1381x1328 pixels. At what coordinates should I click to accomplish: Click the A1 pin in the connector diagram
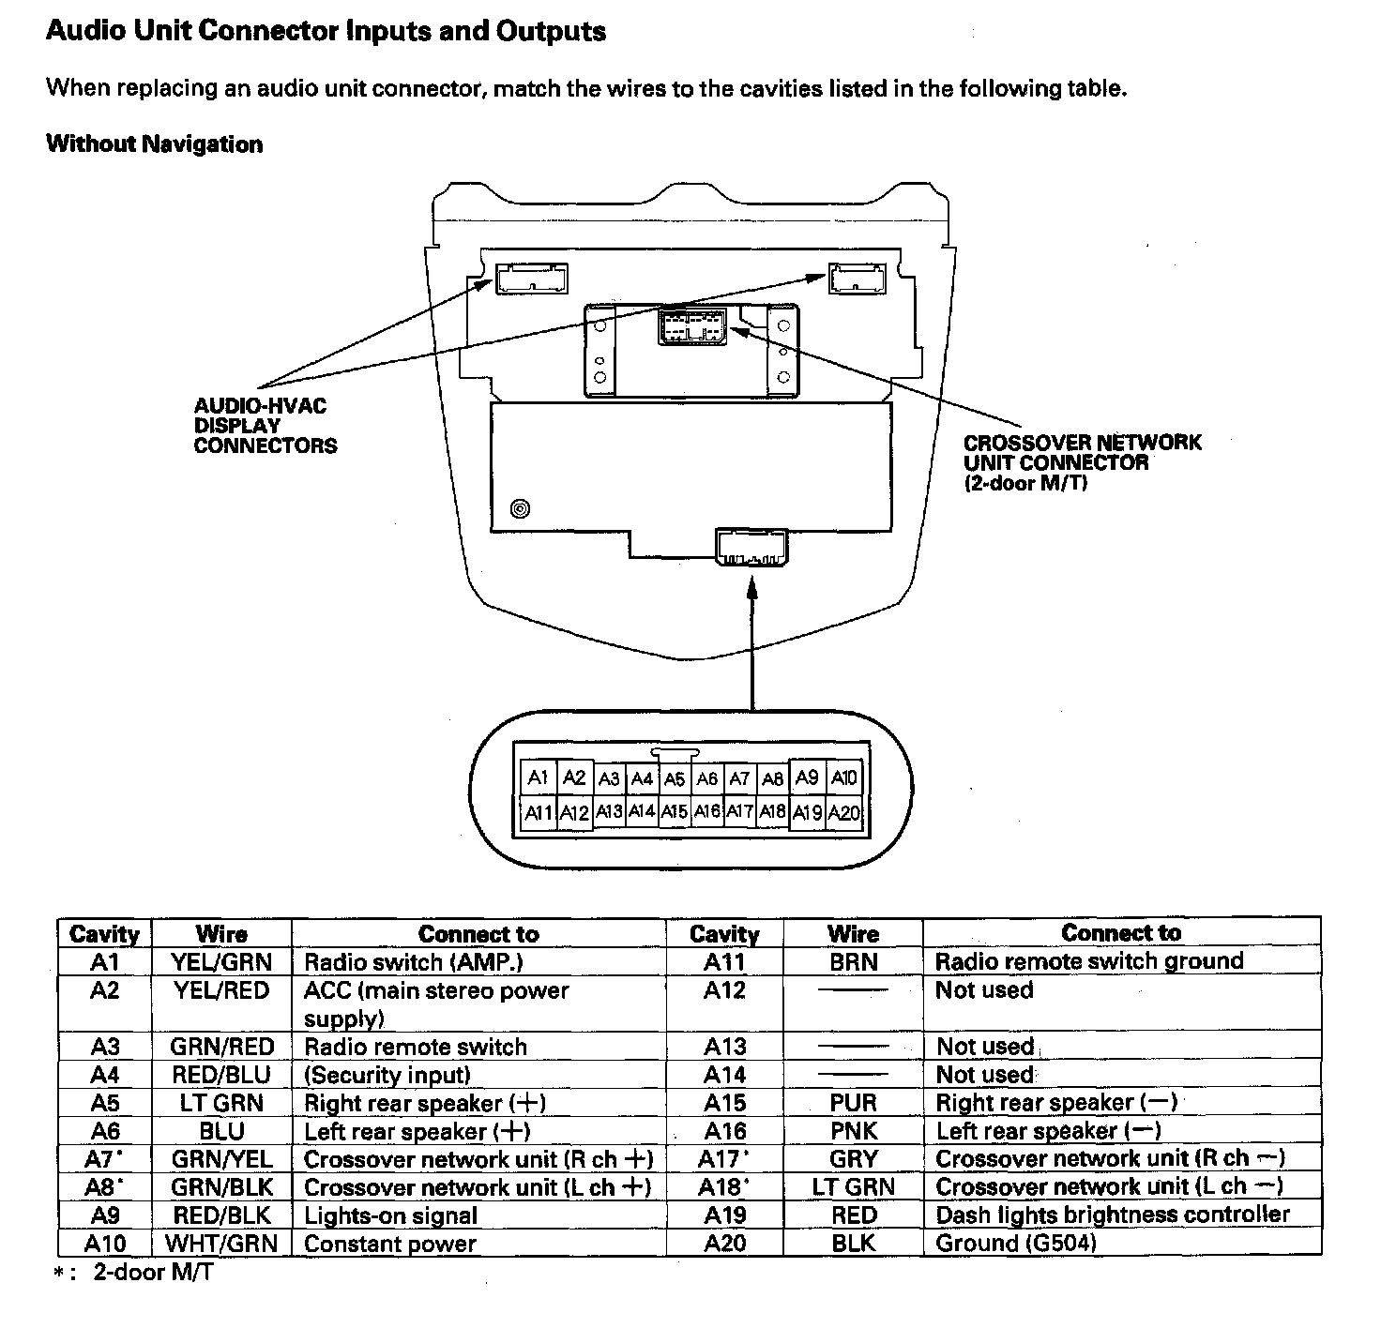[x=538, y=777]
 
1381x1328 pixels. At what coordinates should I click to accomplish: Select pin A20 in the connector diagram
[x=844, y=813]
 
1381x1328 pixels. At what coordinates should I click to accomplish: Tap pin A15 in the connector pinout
[x=674, y=812]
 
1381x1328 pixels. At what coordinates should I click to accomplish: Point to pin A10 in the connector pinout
[x=844, y=777]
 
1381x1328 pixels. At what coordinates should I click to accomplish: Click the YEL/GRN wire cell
[x=221, y=962]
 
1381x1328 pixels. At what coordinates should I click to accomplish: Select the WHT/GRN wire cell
[x=221, y=1244]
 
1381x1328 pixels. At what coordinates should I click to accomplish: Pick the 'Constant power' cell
[x=390, y=1245]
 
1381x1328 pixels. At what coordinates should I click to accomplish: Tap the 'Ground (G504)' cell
[x=1016, y=1244]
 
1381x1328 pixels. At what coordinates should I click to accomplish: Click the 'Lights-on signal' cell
[x=391, y=1216]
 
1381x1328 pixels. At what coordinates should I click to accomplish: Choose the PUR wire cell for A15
[x=853, y=1103]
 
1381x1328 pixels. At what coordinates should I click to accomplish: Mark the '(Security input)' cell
[x=387, y=1075]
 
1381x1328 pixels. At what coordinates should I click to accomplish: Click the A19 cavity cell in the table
[x=724, y=1215]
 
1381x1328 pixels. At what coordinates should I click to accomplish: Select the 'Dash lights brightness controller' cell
[x=1113, y=1215]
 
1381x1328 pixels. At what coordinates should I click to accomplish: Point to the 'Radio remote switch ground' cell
[x=1089, y=961]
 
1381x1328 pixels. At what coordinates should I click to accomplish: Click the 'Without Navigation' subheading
[x=155, y=144]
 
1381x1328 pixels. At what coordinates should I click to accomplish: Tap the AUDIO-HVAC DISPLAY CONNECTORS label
[x=265, y=426]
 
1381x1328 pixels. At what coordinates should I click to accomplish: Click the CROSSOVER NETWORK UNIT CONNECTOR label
[x=1082, y=462]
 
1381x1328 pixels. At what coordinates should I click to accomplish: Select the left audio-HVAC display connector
[x=532, y=279]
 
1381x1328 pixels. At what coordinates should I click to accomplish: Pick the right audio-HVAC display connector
[x=857, y=278]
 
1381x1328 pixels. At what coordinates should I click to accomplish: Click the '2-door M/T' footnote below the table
[x=152, y=1273]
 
